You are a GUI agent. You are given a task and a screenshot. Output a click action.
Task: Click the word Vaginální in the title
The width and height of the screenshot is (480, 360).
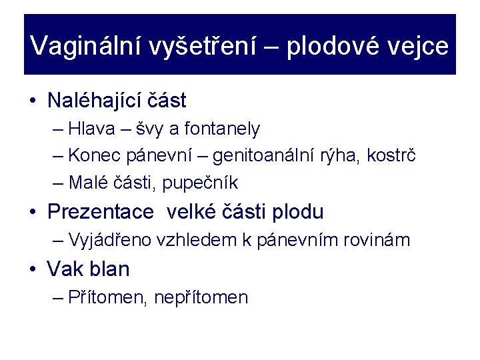pos(86,46)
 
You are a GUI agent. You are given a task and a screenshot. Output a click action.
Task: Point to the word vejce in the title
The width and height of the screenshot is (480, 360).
pos(420,46)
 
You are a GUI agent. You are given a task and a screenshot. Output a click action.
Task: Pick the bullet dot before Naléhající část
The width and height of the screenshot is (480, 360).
pos(33,101)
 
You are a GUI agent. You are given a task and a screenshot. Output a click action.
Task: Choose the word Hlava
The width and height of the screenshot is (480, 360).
pos(90,129)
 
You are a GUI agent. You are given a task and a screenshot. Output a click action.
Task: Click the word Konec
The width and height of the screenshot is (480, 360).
pos(93,155)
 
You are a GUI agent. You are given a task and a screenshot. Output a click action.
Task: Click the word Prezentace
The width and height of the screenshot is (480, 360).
pos(101,212)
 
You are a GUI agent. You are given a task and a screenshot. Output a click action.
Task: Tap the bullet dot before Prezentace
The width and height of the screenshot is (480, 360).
pos(33,213)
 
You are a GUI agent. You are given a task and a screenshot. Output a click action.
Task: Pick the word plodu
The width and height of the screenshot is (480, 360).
pos(297,212)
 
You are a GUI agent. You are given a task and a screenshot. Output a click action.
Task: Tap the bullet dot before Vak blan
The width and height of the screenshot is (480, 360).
pos(33,270)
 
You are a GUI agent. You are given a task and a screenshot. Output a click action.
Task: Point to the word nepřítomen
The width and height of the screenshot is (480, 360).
pos(201,297)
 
